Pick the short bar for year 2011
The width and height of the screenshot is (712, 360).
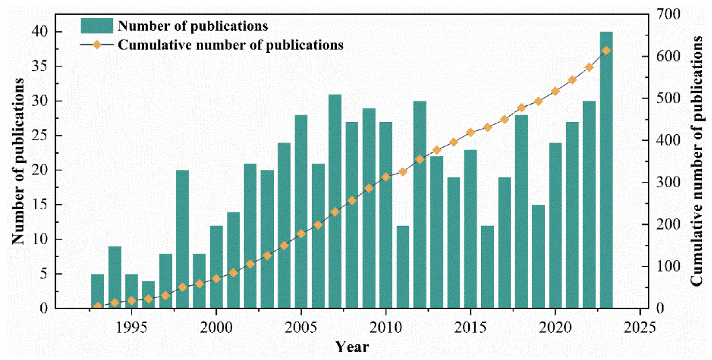403,267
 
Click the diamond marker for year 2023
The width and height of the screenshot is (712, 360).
606,51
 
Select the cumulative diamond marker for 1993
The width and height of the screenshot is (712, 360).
97,306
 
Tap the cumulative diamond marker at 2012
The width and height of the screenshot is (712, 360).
420,160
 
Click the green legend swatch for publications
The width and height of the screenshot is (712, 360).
96,26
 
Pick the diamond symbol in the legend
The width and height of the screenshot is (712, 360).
97,44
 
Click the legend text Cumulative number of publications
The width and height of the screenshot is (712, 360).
230,45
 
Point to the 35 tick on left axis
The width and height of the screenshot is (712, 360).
40,66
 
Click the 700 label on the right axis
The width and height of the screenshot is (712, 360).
668,14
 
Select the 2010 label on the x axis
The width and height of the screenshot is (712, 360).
385,328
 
